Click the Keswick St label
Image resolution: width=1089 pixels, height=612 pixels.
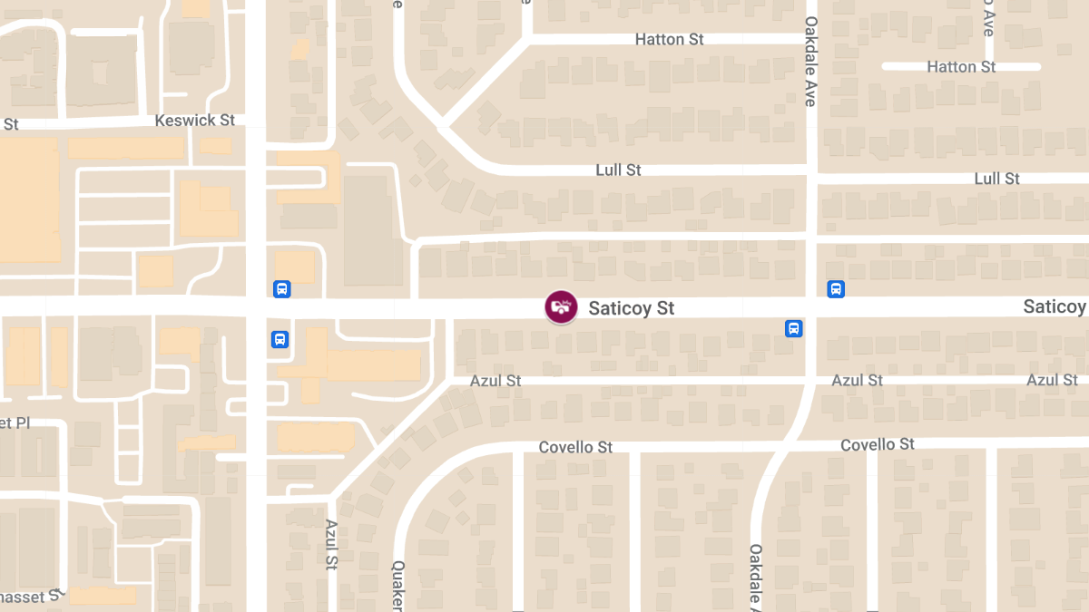(x=194, y=121)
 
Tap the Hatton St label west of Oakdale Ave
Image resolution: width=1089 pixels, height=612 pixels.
(x=669, y=40)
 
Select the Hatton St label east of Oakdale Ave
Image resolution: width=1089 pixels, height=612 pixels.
(x=960, y=67)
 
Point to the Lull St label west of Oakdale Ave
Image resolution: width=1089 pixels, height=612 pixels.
(x=618, y=170)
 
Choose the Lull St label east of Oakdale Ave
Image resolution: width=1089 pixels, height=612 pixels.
(x=996, y=179)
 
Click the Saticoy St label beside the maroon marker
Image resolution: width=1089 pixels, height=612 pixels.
(x=631, y=308)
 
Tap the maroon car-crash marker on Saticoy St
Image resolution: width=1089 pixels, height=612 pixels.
(x=561, y=307)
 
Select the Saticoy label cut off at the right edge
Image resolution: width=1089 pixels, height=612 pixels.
(x=1055, y=306)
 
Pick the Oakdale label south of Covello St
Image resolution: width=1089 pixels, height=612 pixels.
(x=755, y=577)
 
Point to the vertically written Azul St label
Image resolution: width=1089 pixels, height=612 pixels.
(x=331, y=544)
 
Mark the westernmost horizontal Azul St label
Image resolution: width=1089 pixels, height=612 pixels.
(x=495, y=381)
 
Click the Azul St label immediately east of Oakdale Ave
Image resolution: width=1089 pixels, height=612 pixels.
(x=857, y=381)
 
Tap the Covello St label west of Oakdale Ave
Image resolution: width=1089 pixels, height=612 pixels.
(x=575, y=448)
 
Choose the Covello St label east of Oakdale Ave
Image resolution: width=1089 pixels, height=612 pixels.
(x=877, y=444)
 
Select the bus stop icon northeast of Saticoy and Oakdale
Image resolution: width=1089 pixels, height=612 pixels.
(x=836, y=289)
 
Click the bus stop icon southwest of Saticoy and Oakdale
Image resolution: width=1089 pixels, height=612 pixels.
(x=793, y=328)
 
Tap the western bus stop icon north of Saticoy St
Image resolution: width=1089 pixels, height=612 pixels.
(x=281, y=289)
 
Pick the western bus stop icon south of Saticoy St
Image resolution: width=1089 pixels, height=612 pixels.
(x=280, y=340)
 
